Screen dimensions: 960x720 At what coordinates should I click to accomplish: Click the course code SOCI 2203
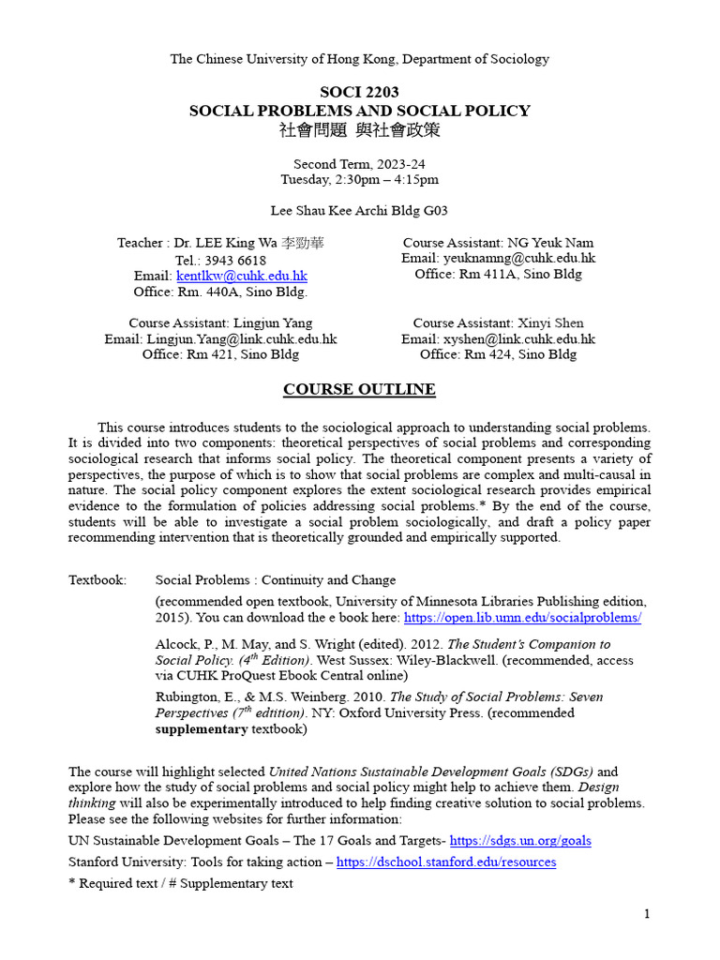[359, 92]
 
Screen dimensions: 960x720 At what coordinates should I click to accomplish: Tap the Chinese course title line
[359, 129]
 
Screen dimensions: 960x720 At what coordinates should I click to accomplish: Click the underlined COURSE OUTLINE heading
[359, 389]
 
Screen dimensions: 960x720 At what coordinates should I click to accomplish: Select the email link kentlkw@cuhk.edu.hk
[242, 276]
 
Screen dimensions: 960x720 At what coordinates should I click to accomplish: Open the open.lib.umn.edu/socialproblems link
[522, 618]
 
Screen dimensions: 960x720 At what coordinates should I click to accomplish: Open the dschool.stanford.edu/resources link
[446, 862]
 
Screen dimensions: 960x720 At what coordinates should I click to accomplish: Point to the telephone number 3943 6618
[232, 260]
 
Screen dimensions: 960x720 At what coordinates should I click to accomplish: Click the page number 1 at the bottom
[647, 914]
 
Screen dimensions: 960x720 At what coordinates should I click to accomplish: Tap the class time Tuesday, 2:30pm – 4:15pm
[359, 179]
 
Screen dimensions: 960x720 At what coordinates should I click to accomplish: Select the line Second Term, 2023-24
[359, 163]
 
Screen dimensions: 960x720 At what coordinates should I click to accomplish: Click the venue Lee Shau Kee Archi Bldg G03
[359, 211]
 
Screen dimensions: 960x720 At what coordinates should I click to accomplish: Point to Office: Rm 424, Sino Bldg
[498, 354]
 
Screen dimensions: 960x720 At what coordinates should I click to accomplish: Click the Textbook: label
[97, 580]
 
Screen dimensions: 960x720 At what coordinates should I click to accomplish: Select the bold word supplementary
[202, 728]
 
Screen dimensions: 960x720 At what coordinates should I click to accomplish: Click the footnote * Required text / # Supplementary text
[181, 883]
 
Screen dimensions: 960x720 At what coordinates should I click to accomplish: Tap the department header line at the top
[359, 59]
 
